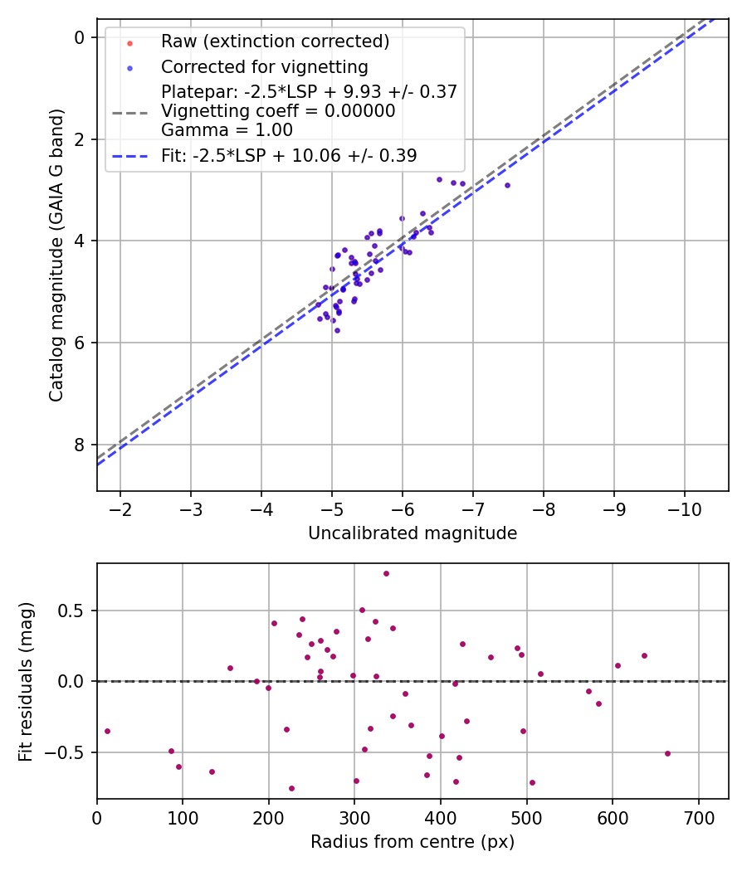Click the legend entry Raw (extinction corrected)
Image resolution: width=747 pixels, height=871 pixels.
[x=275, y=41]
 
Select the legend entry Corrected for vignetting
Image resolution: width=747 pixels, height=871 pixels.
[x=264, y=66]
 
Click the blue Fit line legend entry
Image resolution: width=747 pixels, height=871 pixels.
[x=289, y=155]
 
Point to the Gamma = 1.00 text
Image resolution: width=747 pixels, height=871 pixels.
[x=227, y=129]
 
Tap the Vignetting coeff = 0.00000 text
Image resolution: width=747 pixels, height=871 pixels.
[x=278, y=110]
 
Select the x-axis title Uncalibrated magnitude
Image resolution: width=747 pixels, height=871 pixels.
[x=413, y=533]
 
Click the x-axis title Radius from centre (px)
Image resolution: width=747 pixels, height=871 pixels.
[x=413, y=842]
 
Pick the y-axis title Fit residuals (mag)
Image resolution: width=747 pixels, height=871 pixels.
[x=26, y=681]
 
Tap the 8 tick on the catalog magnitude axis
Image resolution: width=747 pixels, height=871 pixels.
[x=80, y=445]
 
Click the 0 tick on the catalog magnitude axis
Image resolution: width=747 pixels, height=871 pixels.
[x=80, y=37]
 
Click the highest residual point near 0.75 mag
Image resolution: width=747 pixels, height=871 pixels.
[x=386, y=573]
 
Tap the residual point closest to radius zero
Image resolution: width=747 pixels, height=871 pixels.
[x=107, y=731]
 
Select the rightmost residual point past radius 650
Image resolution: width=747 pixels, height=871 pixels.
[x=667, y=753]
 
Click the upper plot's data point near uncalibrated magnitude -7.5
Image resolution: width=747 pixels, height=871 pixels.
[x=507, y=185]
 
